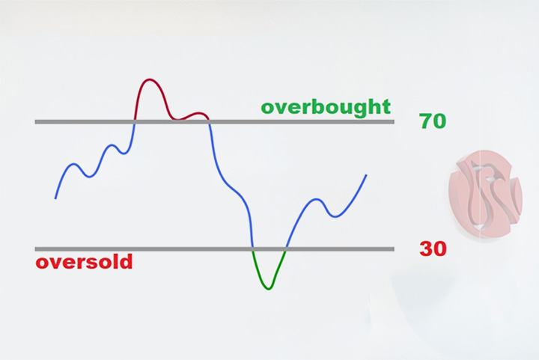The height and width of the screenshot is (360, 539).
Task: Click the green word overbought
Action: click(x=326, y=107)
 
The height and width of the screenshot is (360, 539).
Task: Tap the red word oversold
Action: click(x=84, y=262)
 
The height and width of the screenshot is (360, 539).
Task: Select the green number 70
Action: click(x=433, y=121)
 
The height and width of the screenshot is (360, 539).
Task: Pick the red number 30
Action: click(x=433, y=248)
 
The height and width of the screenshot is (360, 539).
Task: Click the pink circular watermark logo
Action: click(x=485, y=195)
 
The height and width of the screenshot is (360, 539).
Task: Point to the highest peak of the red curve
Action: click(x=149, y=79)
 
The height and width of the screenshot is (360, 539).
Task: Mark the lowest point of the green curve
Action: click(x=269, y=289)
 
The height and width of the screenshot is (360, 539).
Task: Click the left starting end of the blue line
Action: click(x=55, y=198)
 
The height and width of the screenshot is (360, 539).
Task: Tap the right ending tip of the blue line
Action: click(x=366, y=175)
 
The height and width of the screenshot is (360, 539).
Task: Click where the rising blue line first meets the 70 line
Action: click(x=134, y=121)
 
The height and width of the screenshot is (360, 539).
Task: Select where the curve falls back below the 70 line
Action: click(x=210, y=121)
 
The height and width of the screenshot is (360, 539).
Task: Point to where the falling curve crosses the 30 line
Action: click(x=253, y=249)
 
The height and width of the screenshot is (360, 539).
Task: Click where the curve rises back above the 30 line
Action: click(x=286, y=249)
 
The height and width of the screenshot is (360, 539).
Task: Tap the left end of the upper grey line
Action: click(x=35, y=121)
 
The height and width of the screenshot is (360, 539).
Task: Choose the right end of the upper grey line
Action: click(x=394, y=121)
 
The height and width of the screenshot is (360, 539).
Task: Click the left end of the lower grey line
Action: click(x=35, y=249)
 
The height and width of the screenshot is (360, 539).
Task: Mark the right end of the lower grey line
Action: click(x=394, y=249)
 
